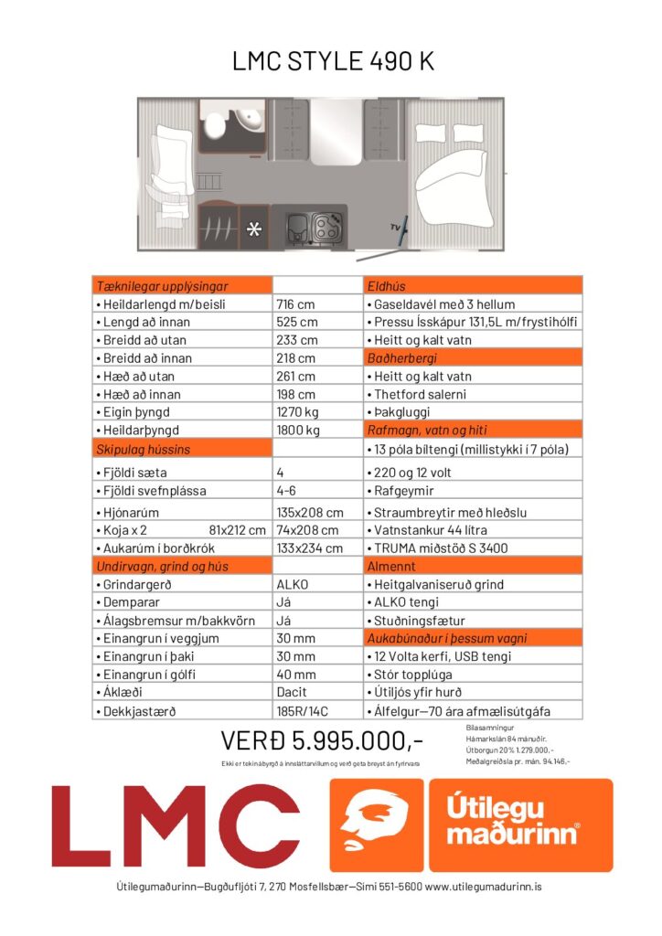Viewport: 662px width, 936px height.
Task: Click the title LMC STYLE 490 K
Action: coord(332,61)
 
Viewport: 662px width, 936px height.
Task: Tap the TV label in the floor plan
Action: coord(395,225)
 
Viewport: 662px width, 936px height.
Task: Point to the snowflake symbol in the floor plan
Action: coord(254,229)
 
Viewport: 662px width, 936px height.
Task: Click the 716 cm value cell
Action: coord(296,304)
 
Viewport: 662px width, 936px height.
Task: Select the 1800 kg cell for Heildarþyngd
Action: coord(298,430)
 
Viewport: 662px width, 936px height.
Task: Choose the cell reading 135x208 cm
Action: coord(310,513)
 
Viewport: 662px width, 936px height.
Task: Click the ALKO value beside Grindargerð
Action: coord(293,584)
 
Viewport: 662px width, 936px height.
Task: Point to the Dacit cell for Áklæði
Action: coord(292,692)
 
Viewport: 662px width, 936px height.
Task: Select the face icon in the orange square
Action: coord(376,824)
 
